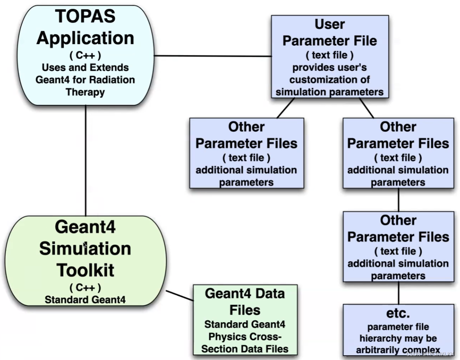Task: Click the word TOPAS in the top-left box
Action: (x=85, y=16)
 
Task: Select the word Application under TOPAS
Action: (x=85, y=38)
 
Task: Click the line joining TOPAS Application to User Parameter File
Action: (x=213, y=56)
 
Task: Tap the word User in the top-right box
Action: (x=329, y=24)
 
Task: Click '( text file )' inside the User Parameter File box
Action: (x=329, y=55)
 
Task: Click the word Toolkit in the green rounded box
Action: (x=85, y=270)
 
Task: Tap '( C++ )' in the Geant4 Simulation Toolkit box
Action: (x=85, y=288)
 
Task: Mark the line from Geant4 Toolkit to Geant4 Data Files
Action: (x=180, y=295)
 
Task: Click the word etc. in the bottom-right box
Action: (x=398, y=313)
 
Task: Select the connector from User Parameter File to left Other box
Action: (x=286, y=108)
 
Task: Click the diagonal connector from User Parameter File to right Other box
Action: (x=367, y=108)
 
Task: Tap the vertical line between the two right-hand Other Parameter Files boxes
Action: (x=398, y=200)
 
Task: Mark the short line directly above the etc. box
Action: (x=398, y=293)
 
